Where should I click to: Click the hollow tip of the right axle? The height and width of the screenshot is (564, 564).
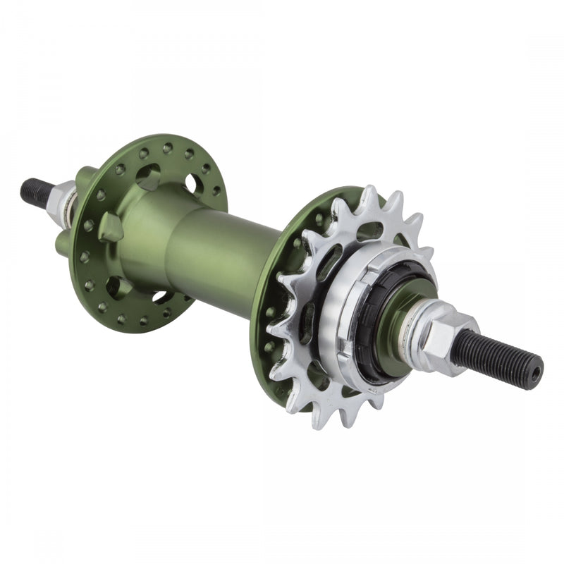coord(537,371)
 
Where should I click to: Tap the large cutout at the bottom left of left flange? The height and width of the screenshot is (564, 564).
coord(117,286)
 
